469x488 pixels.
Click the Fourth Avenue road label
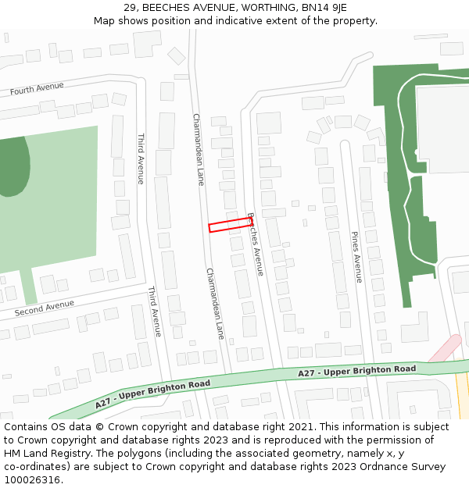pos(37,89)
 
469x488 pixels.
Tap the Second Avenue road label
pos(45,308)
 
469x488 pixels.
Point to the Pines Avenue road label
pos(356,257)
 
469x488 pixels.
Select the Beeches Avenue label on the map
pos(256,244)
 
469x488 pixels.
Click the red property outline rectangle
pos(231,225)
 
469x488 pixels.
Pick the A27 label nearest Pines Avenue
pos(356,371)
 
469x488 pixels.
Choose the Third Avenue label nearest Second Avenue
pos(155,311)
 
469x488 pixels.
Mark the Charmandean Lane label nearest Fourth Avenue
pos(199,149)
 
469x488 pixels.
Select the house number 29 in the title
pos(131,8)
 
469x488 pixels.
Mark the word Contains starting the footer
pos(27,426)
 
